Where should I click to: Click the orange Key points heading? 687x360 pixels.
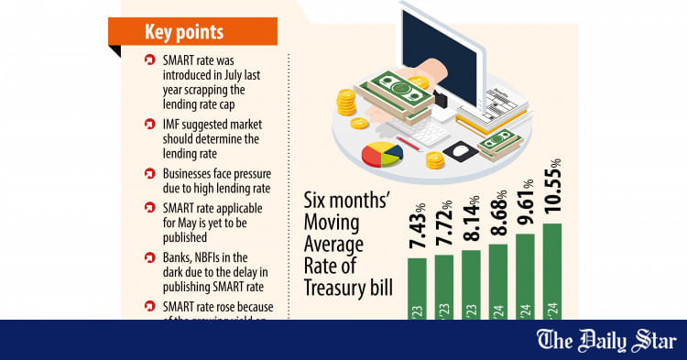[x=191, y=31]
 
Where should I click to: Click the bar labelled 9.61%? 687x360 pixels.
[x=526, y=276]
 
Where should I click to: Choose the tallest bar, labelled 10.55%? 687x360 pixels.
[x=552, y=271]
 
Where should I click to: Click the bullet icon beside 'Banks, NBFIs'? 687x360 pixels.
[x=150, y=261]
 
